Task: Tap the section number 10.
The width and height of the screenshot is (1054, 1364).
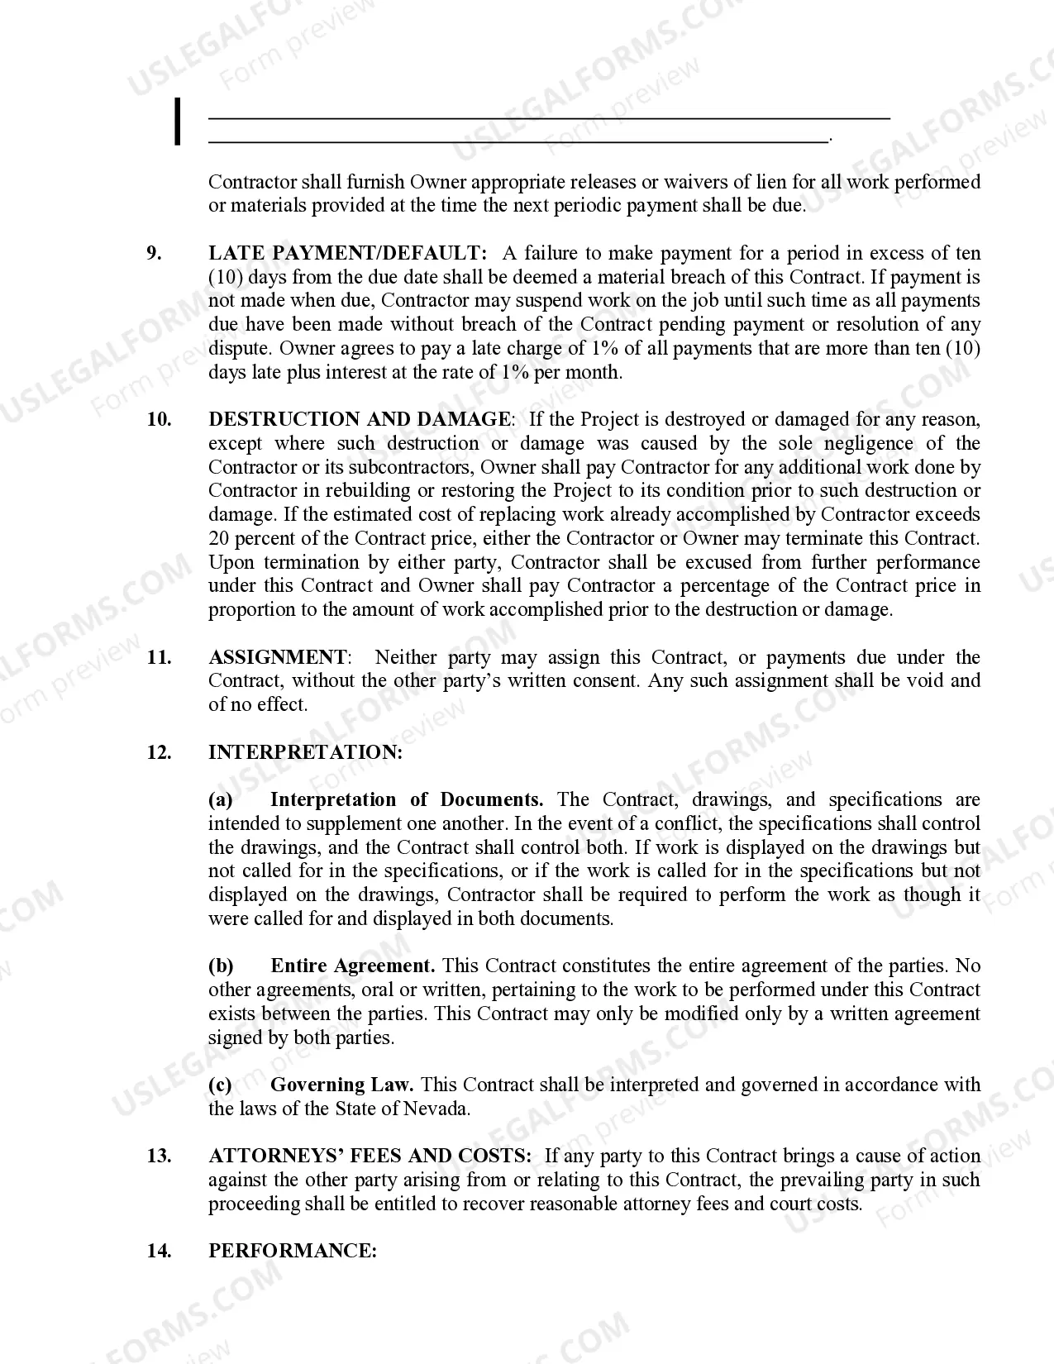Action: (160, 419)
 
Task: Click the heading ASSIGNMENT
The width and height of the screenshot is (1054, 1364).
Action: (279, 657)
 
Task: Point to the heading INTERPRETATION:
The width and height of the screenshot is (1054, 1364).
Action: (305, 752)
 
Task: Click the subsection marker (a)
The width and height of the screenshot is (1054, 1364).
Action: (220, 799)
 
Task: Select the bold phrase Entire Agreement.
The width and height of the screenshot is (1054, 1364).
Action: (352, 966)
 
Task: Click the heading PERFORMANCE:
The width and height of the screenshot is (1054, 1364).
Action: (293, 1251)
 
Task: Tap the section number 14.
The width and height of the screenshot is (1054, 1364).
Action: (160, 1251)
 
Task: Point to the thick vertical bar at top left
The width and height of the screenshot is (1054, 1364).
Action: (177, 122)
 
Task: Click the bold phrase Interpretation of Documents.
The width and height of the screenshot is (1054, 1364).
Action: (407, 799)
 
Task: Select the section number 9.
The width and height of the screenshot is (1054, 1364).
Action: (155, 253)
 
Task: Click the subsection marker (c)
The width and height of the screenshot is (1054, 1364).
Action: (220, 1085)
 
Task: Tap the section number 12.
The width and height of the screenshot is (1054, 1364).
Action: (160, 752)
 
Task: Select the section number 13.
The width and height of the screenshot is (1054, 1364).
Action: (160, 1156)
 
